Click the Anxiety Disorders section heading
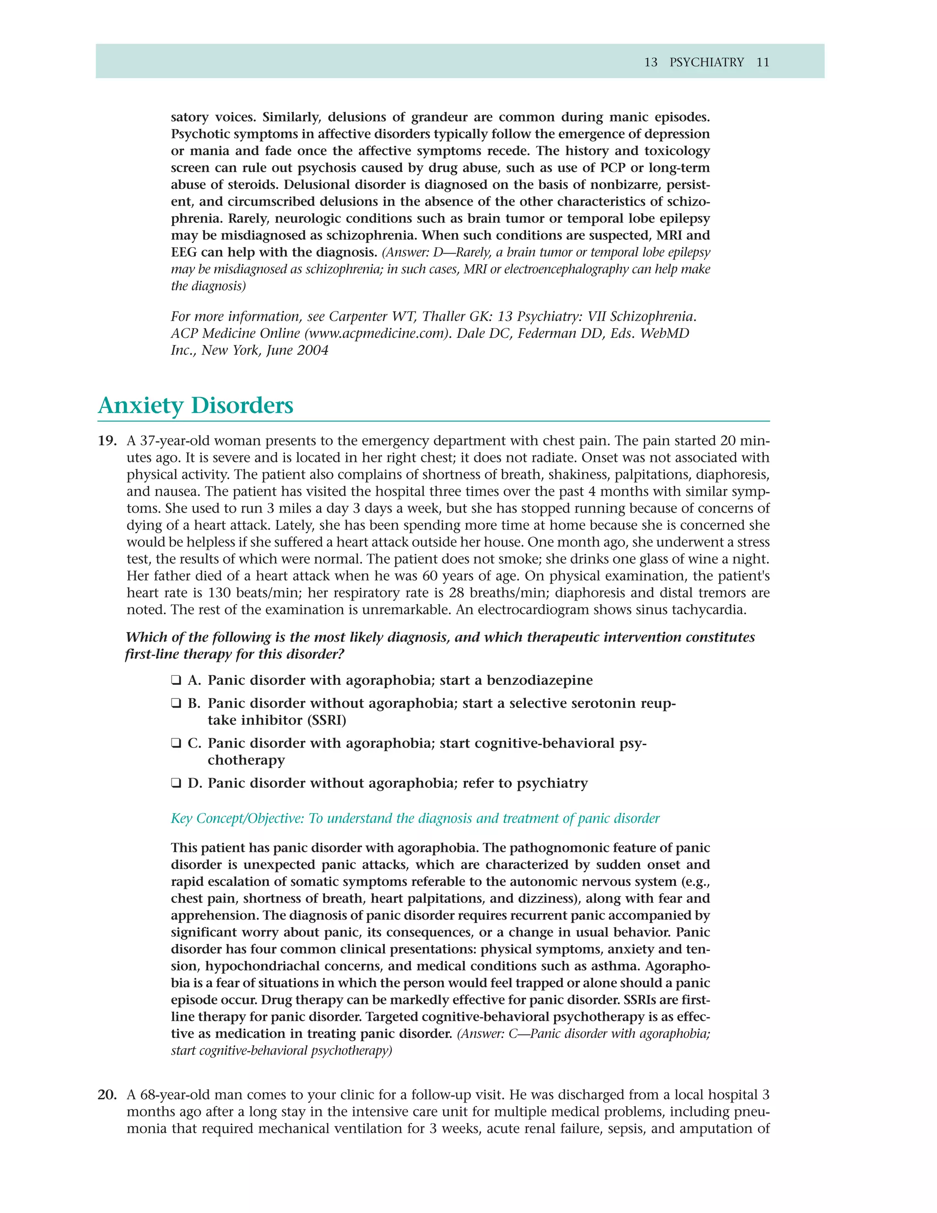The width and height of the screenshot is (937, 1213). (195, 406)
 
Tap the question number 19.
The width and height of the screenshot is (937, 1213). (107, 441)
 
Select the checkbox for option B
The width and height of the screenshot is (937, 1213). (176, 703)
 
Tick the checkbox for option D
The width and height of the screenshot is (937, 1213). (176, 783)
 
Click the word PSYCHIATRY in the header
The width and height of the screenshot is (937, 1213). (706, 62)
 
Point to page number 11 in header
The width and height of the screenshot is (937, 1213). (763, 62)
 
